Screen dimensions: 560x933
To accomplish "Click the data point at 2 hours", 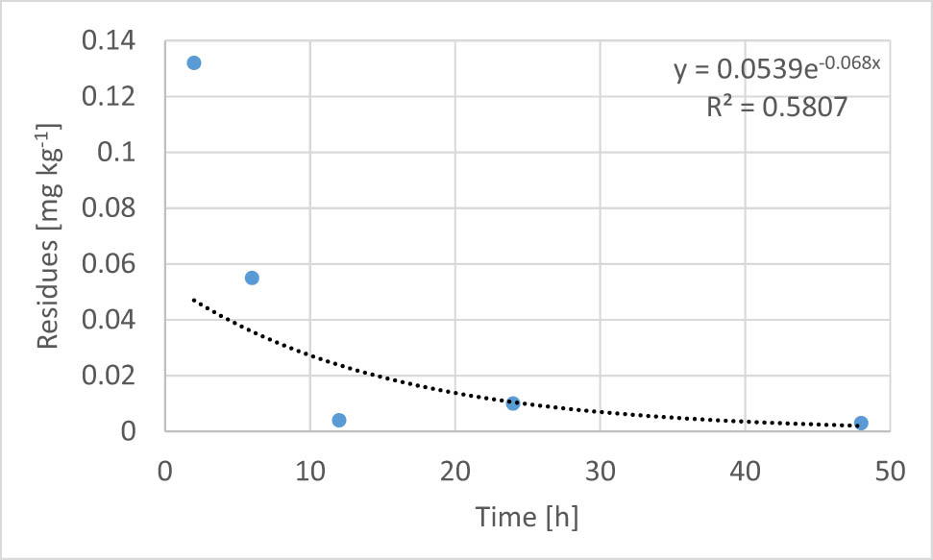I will [193, 62].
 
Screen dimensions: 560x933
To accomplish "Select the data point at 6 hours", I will [252, 278].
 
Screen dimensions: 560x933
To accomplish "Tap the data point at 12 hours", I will [338, 420].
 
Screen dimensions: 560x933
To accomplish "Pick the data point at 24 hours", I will [513, 403].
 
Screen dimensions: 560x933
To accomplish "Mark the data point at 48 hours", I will [861, 423].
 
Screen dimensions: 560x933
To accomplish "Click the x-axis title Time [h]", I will [527, 518].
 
